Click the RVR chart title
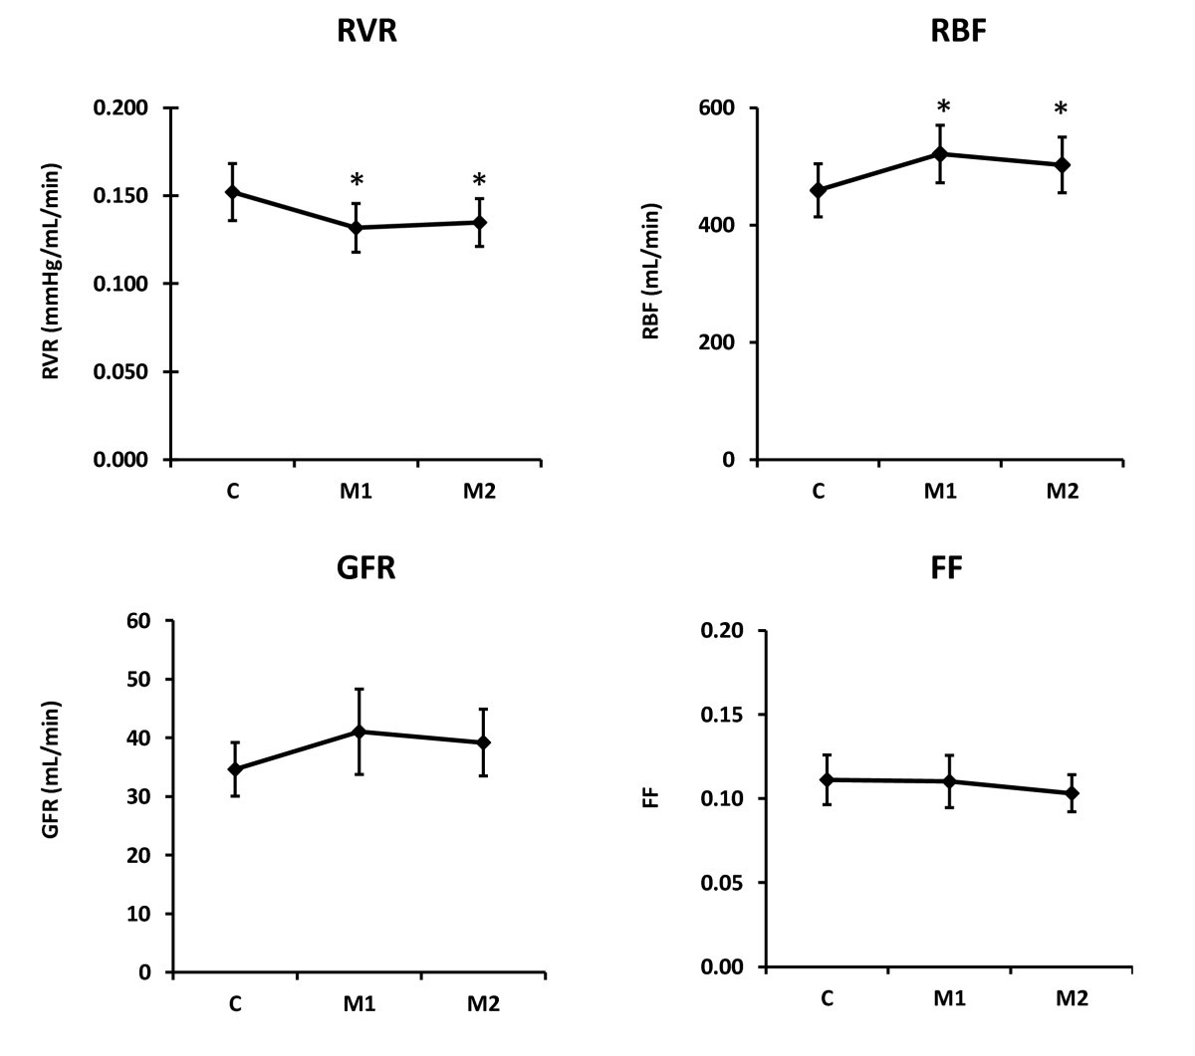pyautogui.click(x=366, y=32)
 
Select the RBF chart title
pyautogui.click(x=950, y=32)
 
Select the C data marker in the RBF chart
pyautogui.click(x=818, y=190)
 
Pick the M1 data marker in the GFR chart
pyautogui.click(x=358, y=732)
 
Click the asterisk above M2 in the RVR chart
pyautogui.click(x=479, y=181)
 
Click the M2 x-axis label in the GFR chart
pyautogui.click(x=483, y=1004)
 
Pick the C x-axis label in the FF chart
pyautogui.click(x=827, y=998)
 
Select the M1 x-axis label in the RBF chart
pyautogui.click(x=942, y=492)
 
